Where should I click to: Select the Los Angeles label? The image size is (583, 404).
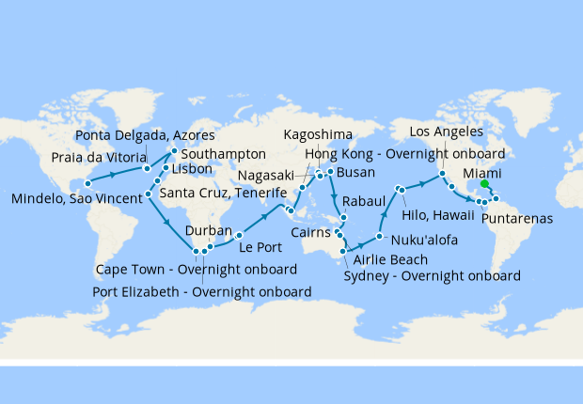point(449,131)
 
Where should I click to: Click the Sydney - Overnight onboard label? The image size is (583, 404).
point(433,276)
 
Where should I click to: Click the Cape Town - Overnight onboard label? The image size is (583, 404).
point(197,270)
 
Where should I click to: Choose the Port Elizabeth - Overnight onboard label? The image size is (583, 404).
point(202,291)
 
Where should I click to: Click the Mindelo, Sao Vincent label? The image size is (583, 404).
point(74,199)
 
